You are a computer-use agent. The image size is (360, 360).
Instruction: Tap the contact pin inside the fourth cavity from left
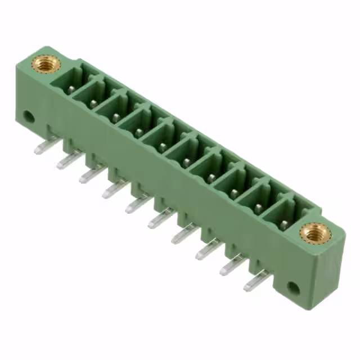point(138,133)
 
